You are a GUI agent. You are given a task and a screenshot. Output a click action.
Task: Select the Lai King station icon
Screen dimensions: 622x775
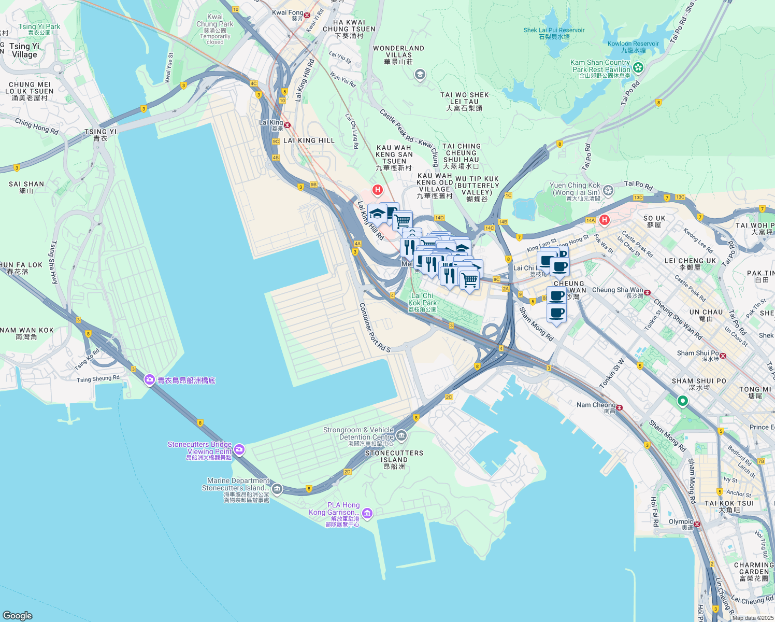[x=287, y=125]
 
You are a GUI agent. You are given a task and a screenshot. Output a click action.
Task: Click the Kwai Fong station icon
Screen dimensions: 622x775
[x=307, y=15]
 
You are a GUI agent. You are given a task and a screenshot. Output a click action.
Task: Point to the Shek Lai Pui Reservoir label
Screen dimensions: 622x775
[x=554, y=33]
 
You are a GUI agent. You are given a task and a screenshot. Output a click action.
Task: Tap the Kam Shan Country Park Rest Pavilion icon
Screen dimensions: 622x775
[x=638, y=67]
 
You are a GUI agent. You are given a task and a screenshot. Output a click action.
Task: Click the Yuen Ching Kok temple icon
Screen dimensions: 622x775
[x=608, y=190]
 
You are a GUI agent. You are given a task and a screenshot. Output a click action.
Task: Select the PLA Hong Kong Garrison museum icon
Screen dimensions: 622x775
[x=367, y=514]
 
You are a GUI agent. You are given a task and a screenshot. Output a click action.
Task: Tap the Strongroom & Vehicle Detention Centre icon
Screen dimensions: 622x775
[x=401, y=436]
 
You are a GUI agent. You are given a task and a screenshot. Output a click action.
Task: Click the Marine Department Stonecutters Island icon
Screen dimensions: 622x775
[x=277, y=489]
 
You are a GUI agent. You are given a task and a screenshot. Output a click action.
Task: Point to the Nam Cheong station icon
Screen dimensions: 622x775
[x=619, y=407]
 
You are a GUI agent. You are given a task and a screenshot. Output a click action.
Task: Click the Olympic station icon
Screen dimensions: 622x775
[x=697, y=524]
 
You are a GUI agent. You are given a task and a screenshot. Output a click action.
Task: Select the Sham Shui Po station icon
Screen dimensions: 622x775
[x=723, y=356]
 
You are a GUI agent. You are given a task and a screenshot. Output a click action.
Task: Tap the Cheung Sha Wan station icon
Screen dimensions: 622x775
[x=647, y=292]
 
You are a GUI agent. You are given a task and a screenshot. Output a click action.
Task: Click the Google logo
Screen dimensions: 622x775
[x=17, y=615]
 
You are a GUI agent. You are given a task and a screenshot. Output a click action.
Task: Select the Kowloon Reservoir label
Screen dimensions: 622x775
[x=633, y=47]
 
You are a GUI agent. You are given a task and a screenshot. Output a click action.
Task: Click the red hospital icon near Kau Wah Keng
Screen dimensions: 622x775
[x=378, y=190]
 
